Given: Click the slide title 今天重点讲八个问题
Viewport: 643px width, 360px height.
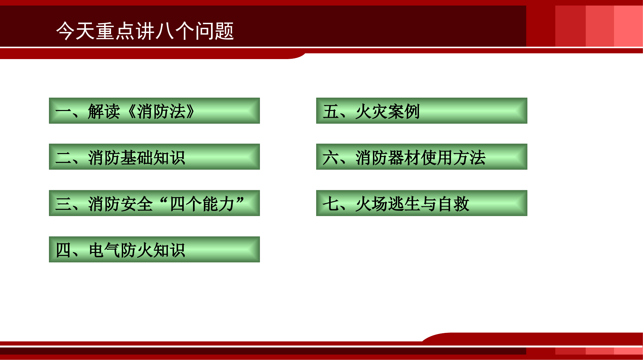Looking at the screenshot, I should coord(145,31).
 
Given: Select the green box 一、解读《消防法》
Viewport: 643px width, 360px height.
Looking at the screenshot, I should coord(154,111).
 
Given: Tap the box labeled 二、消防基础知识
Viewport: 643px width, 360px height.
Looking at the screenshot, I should coord(154,157).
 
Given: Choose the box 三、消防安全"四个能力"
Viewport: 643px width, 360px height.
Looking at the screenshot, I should coord(154,203).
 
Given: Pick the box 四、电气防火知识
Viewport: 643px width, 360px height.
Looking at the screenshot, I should coord(154,249).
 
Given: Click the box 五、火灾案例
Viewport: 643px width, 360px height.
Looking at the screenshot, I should coord(421,111).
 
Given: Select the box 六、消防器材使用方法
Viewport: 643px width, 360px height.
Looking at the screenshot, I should coord(421,157).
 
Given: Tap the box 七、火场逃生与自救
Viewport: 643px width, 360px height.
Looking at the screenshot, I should coord(421,203).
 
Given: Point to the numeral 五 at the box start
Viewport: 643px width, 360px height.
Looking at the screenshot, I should coord(330,112).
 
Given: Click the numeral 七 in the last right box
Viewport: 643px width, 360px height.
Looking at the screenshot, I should coord(330,204).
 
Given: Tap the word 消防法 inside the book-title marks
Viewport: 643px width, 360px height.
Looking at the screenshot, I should coord(161,112).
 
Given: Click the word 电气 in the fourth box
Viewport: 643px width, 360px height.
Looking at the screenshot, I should coord(104,250).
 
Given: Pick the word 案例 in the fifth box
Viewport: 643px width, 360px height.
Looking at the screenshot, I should coord(404,112).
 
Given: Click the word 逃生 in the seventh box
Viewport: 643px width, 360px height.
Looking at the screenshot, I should coord(404,204).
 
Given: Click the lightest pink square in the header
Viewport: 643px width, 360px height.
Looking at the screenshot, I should coord(628,26).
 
